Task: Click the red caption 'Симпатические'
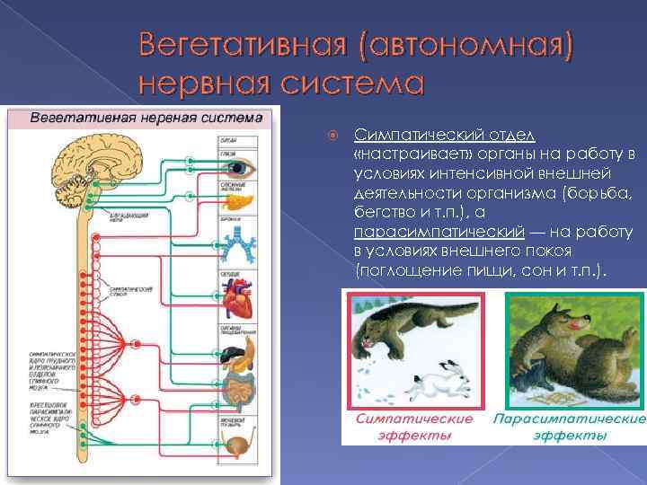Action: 414,419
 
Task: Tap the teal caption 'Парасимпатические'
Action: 569,419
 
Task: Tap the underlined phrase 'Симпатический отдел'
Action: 445,135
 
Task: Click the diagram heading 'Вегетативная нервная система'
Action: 147,118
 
